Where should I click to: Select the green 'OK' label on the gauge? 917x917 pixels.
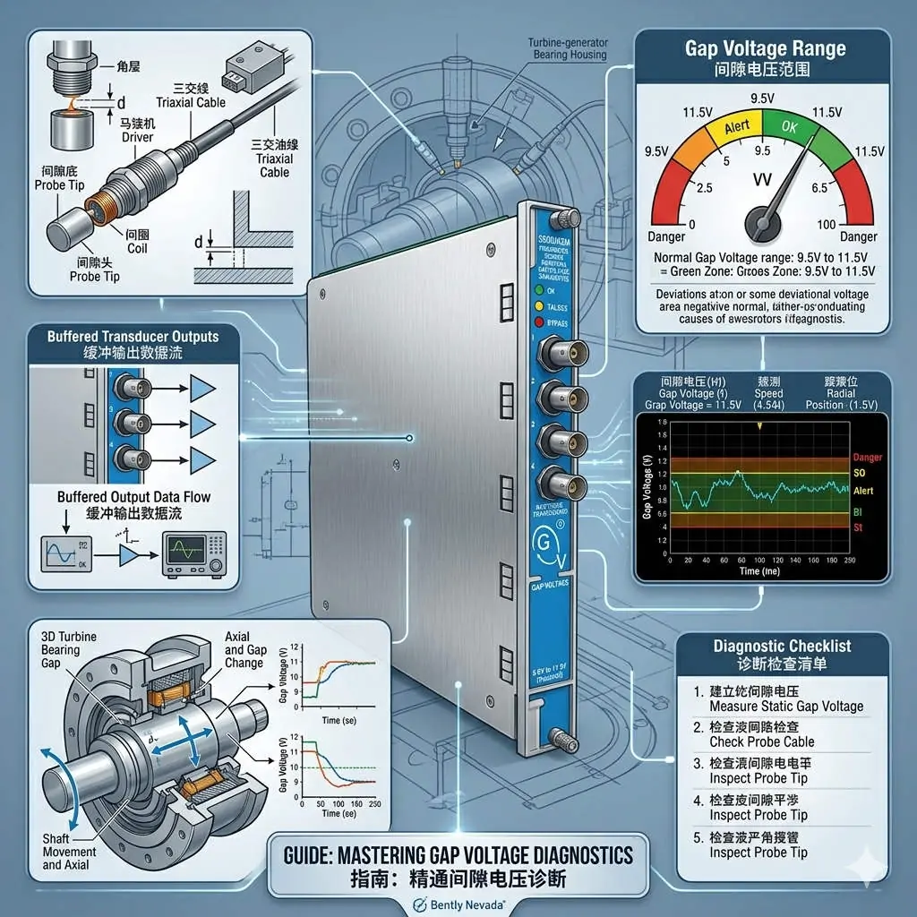tap(788, 127)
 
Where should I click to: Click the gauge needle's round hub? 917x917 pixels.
tap(763, 217)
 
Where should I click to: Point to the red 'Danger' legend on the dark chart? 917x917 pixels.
tap(868, 458)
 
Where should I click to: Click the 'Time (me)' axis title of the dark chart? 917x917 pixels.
tap(758, 571)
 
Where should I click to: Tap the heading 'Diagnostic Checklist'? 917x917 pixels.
tap(782, 646)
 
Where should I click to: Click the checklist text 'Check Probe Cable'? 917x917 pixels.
tap(761, 741)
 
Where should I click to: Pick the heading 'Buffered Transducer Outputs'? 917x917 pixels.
tap(132, 337)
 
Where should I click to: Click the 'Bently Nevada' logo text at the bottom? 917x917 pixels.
tap(462, 903)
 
